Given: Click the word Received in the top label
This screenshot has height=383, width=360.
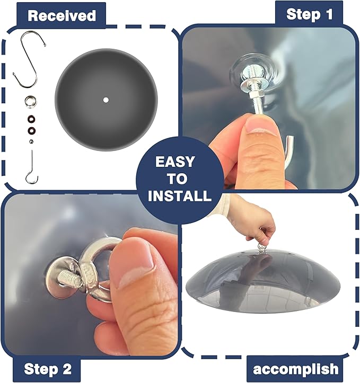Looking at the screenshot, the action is pos(62,15).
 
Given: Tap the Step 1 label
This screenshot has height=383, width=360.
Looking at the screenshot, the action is pos(310,14).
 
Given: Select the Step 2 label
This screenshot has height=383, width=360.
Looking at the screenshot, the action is pos(48,369).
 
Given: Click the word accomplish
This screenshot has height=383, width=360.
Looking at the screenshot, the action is pos(296,369).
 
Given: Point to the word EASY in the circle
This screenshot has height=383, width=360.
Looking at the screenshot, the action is pos(175,162).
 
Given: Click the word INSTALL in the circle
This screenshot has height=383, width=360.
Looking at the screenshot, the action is pos(180,195).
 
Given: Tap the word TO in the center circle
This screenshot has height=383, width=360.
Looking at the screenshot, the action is pos(177,179).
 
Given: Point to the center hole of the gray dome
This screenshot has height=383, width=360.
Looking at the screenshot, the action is pos(106,100).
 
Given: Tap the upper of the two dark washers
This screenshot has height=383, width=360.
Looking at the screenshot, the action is pos(31,119).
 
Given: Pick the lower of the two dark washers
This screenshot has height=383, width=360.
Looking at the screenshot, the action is pos(31,130).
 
